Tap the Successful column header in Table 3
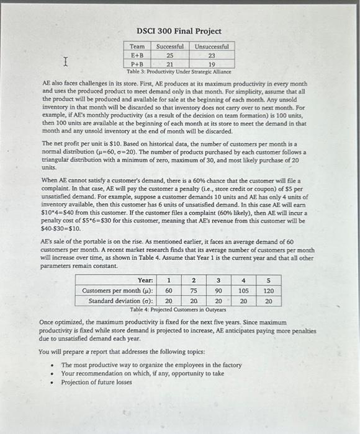click(x=169, y=46)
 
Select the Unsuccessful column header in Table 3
click(x=211, y=46)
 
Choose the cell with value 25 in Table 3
click(x=169, y=55)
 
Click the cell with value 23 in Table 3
click(x=211, y=55)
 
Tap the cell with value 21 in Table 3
click(x=169, y=63)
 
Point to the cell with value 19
click(x=211, y=63)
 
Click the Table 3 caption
click(x=175, y=71)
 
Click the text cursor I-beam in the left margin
click(x=65, y=61)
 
